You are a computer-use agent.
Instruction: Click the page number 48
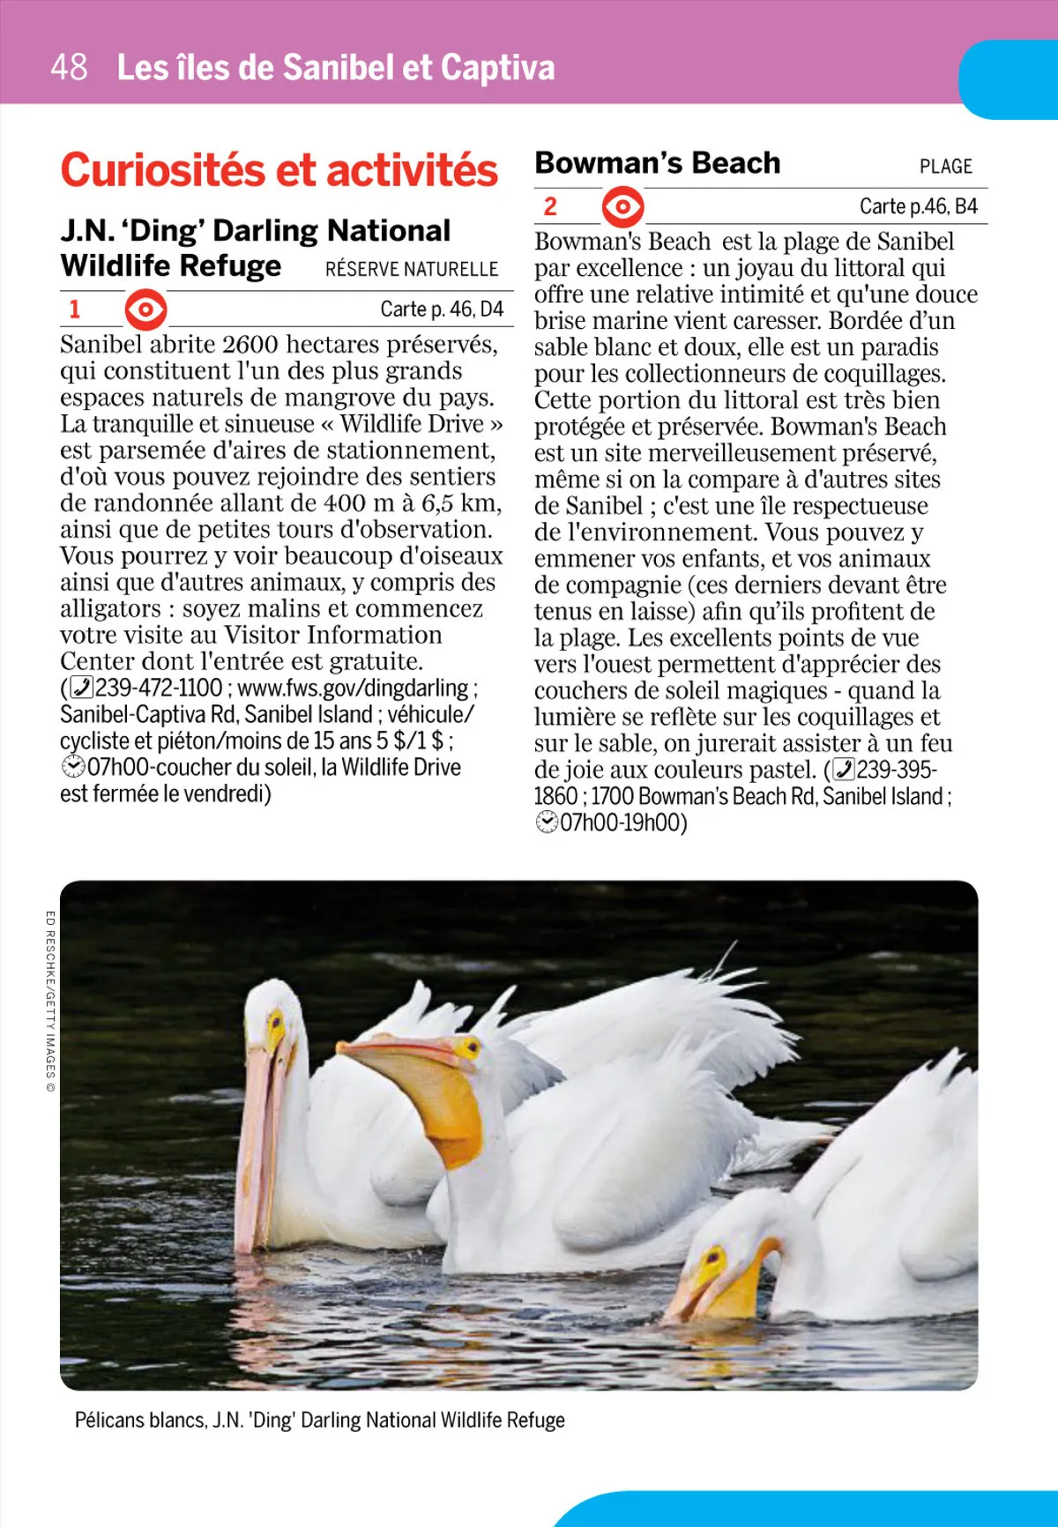pyautogui.click(x=69, y=67)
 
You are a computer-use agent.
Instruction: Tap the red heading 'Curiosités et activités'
pyautogui.click(x=279, y=170)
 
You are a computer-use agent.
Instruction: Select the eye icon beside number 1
pyautogui.click(x=145, y=309)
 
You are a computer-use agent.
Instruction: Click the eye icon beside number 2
pyautogui.click(x=622, y=207)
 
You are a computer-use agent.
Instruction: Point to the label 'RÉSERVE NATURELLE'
pyautogui.click(x=412, y=269)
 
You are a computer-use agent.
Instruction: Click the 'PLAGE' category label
pyautogui.click(x=945, y=167)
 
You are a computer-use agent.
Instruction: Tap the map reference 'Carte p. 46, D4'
pyautogui.click(x=442, y=309)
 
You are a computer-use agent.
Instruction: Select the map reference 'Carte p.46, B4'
pyautogui.click(x=918, y=206)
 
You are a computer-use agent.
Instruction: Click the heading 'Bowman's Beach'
pyautogui.click(x=658, y=163)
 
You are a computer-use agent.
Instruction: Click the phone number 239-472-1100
pyautogui.click(x=159, y=688)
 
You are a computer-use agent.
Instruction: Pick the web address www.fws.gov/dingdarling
pyautogui.click(x=353, y=688)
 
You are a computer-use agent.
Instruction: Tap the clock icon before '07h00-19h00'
pyautogui.click(x=547, y=823)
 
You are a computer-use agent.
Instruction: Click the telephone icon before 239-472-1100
pyautogui.click(x=80, y=688)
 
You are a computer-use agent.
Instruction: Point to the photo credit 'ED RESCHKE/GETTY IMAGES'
pyautogui.click(x=50, y=1001)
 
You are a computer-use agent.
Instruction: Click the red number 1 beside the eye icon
pyautogui.click(x=75, y=309)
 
